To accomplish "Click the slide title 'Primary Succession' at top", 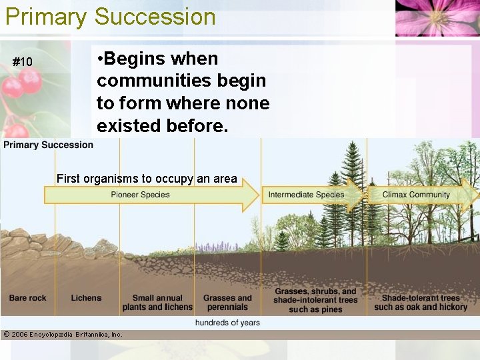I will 111,16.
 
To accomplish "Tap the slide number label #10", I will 23,62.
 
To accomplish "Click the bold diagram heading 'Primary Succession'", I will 49,145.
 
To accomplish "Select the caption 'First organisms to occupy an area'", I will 147,178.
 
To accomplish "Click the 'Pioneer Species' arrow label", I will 140,195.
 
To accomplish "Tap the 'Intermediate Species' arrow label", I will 306,195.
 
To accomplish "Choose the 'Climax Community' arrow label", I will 416,195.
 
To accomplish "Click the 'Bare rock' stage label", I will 28,298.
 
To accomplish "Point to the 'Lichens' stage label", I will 87,298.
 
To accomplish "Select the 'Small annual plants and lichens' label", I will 157,303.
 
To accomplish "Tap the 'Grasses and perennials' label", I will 227,303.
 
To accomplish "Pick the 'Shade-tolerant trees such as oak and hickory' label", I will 420,303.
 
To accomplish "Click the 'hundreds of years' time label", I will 227,323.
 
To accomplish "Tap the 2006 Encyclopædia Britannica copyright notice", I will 63,334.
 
